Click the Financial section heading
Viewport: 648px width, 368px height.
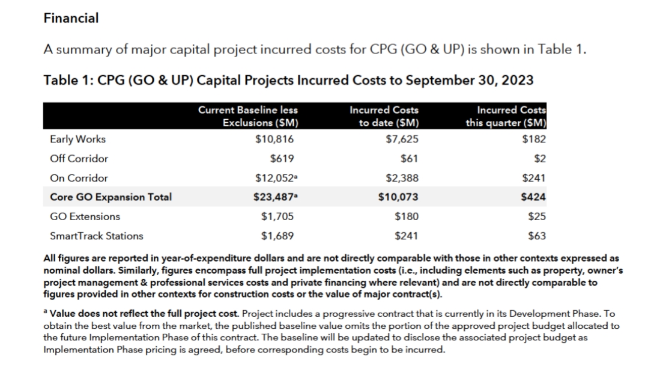click(71, 18)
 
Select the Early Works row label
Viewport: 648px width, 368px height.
click(77, 139)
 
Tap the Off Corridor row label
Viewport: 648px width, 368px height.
click(79, 159)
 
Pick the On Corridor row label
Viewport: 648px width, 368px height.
click(79, 178)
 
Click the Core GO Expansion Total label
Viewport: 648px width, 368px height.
click(111, 197)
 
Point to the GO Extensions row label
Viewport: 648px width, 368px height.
click(85, 216)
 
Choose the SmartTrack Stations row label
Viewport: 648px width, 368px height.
click(97, 236)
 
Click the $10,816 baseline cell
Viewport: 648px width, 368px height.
click(274, 139)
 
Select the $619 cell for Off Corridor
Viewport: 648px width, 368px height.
click(282, 159)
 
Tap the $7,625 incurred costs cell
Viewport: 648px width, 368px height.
click(402, 139)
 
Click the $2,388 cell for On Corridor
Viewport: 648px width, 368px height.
click(402, 178)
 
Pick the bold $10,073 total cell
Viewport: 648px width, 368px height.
click(398, 197)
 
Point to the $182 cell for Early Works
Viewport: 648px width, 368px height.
click(534, 139)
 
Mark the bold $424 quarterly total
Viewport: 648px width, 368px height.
click(533, 197)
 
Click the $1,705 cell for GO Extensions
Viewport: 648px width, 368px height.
click(277, 216)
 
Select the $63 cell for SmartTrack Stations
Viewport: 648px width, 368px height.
click(537, 236)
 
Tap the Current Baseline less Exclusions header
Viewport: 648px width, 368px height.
click(248, 116)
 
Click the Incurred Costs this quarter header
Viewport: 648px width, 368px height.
click(506, 116)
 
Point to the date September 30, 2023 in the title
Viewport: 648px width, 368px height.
click(470, 81)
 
